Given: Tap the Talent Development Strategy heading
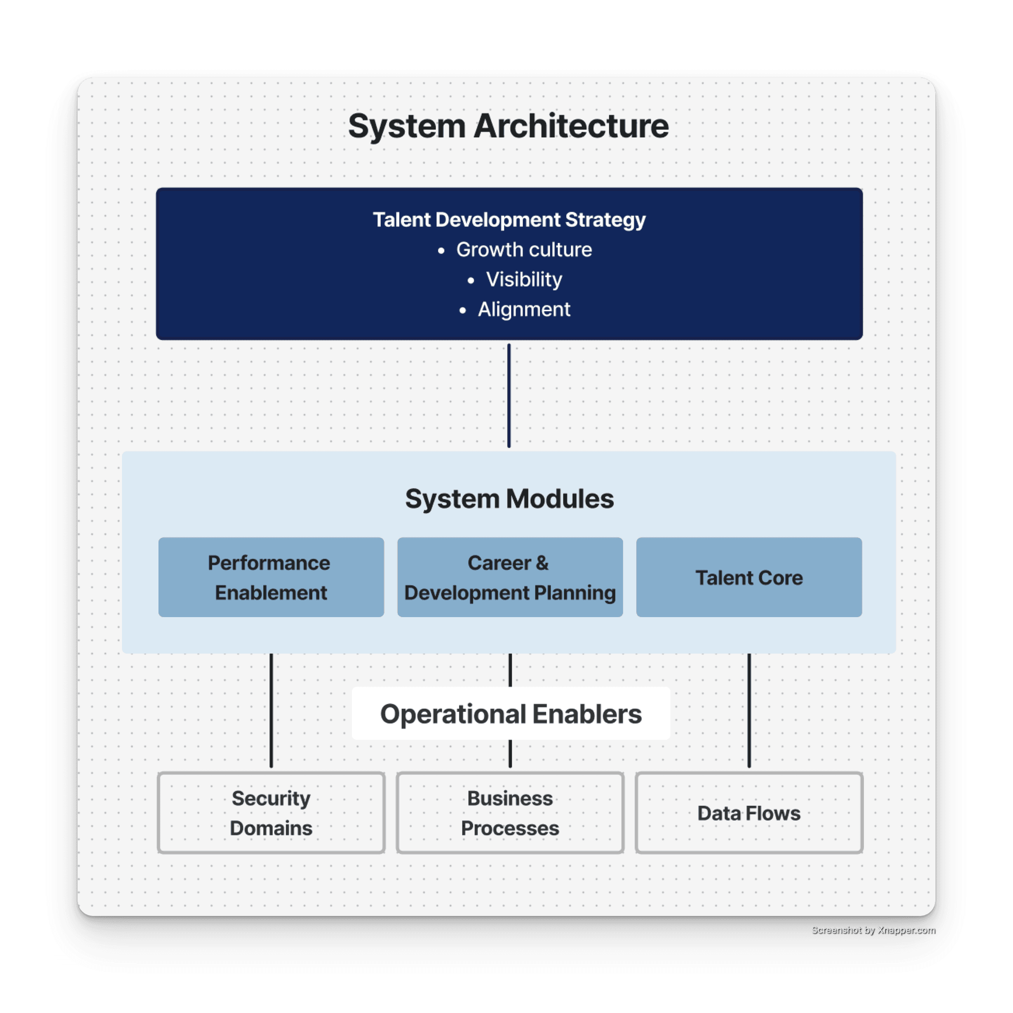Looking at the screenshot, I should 509,220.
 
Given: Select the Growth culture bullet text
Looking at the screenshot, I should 524,250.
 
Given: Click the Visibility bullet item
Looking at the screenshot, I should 524,279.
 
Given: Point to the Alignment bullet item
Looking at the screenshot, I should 524,309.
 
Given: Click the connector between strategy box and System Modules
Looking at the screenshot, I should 508,396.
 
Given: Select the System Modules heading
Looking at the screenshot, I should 509,499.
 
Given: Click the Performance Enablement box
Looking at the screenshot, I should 271,577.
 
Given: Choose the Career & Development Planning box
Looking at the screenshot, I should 509,577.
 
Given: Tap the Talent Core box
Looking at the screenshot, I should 748,577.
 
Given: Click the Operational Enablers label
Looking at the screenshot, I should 510,714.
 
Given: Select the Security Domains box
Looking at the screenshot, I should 271,813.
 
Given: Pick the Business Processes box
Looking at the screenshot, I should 509,813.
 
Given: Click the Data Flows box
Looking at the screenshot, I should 748,813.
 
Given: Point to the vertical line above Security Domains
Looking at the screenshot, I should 271,711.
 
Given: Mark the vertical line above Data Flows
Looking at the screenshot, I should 748,711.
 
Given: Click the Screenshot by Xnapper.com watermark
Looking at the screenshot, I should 872,930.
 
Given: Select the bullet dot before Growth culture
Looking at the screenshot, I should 441,251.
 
